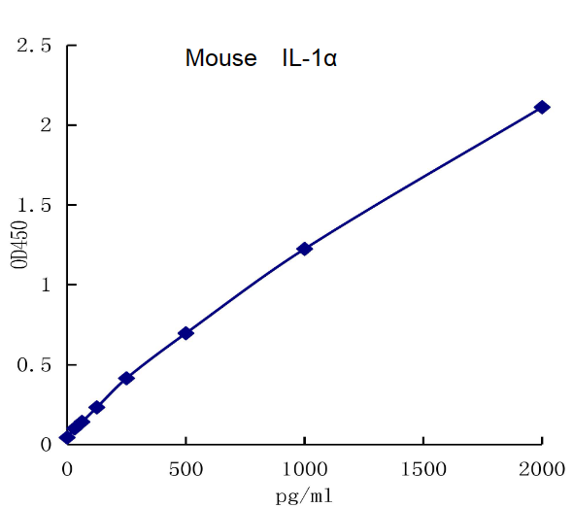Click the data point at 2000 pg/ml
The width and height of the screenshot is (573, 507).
pos(542,107)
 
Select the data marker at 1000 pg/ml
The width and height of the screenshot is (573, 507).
pos(304,249)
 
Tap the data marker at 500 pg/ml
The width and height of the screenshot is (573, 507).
pos(185,333)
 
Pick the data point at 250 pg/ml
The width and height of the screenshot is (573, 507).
pos(126,378)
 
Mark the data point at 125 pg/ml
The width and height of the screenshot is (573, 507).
pos(96,407)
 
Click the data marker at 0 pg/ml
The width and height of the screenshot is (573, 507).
pos(67,437)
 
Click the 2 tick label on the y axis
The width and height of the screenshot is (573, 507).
pos(45,125)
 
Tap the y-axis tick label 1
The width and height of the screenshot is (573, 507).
pos(45,286)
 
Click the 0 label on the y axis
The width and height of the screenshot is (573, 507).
pos(45,445)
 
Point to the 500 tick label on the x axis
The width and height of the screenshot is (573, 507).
pos(185,469)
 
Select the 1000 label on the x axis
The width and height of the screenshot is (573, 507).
pos(304,469)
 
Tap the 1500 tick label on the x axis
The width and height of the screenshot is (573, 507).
pos(423,469)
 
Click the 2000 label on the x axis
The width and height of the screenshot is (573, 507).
pos(542,469)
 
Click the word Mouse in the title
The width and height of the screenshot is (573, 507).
pos(221,58)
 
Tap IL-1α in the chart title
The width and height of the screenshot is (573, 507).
pos(310,58)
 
